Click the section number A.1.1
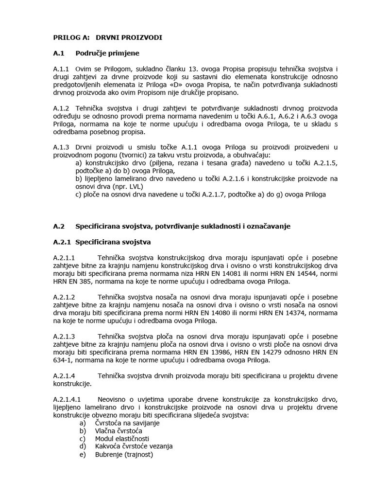coord(62,69)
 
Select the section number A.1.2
coord(62,108)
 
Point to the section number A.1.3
coord(62,147)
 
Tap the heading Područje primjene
coord(107,53)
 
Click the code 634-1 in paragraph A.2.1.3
coord(63,360)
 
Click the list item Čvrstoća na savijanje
coord(127,423)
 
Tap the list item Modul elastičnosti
coord(122,439)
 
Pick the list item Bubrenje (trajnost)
coord(124,454)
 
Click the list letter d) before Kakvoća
coord(83,446)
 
